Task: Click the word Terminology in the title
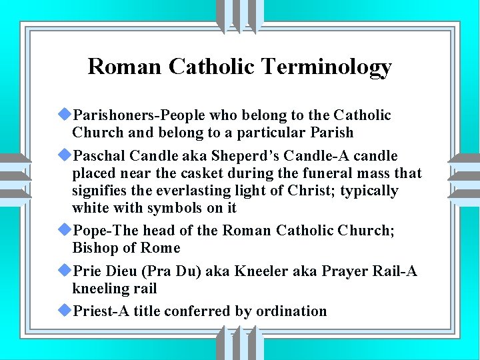327,67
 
